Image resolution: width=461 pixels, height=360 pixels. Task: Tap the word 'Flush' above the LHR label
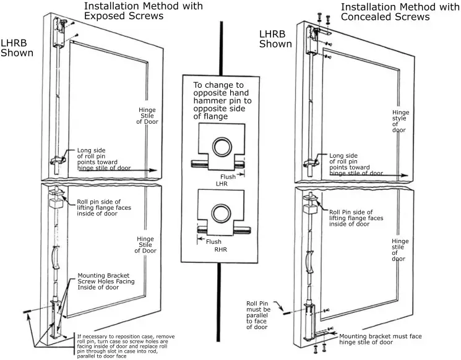coord(228,177)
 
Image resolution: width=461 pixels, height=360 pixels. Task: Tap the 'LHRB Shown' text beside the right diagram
coord(275,38)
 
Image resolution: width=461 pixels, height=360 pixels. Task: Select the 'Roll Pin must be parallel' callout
coord(259,314)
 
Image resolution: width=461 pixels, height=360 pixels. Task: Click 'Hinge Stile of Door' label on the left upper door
coord(147,116)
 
